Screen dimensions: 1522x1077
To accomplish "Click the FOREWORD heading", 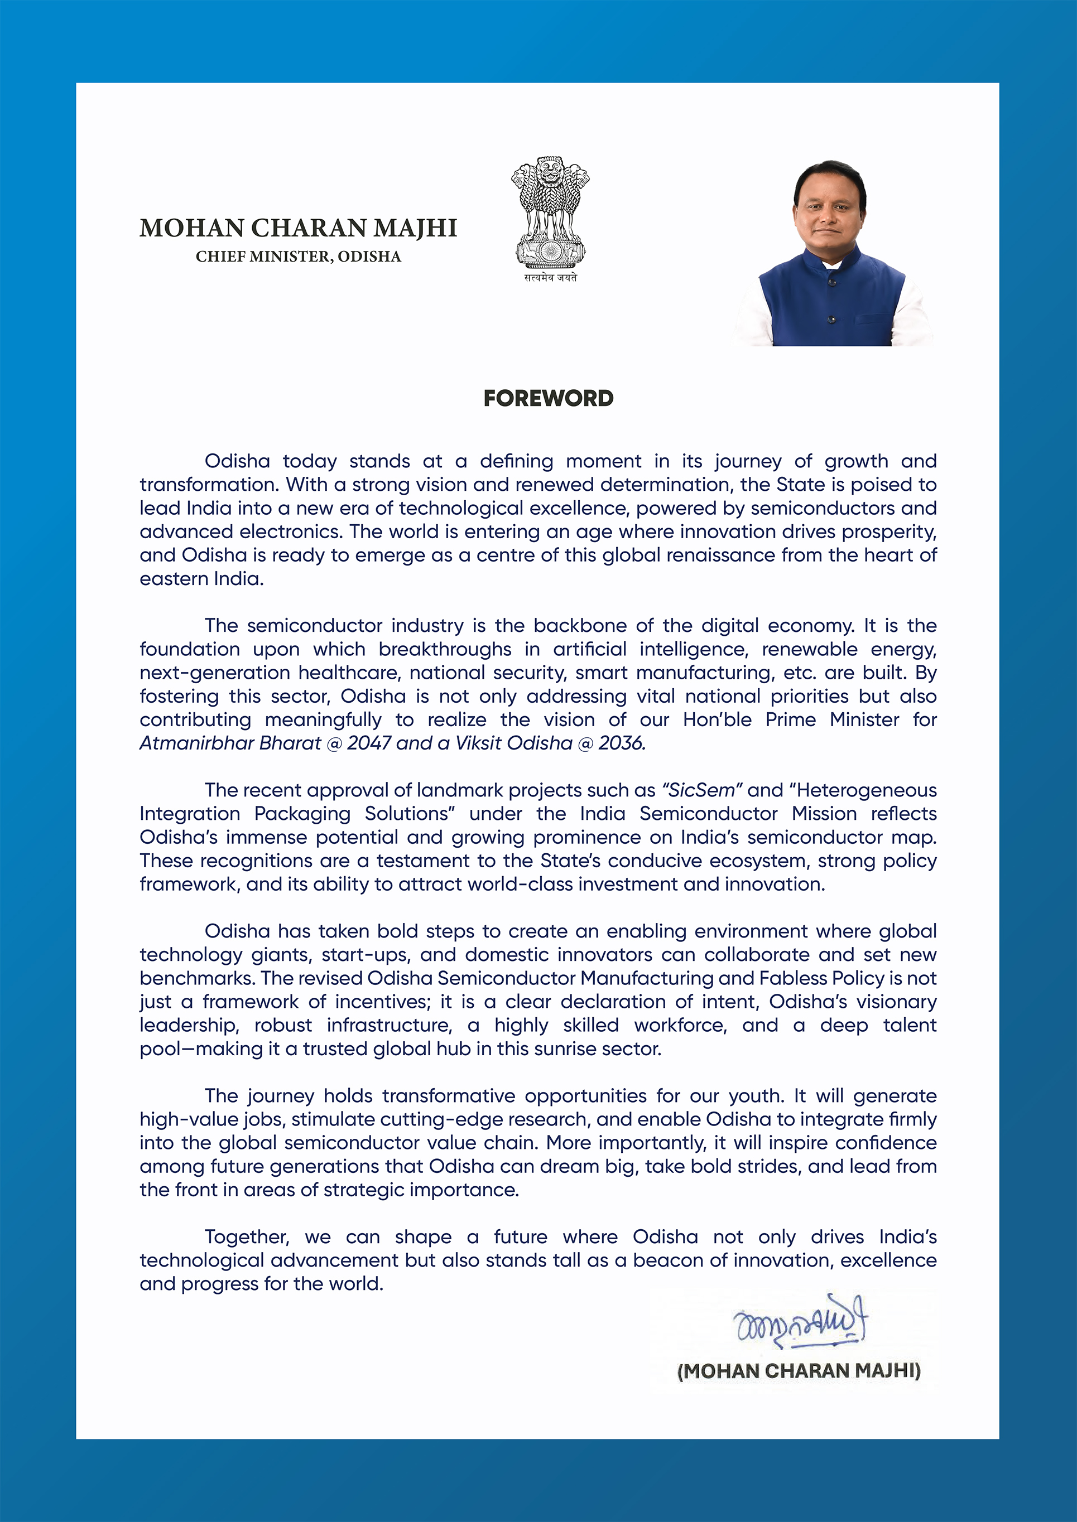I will click(549, 398).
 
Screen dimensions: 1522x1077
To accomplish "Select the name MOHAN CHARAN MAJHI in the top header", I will click(299, 228).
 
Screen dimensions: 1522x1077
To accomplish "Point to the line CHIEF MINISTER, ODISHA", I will click(299, 257).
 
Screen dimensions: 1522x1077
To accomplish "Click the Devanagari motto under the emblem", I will click(550, 278).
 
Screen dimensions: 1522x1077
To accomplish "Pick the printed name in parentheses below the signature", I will click(799, 1371).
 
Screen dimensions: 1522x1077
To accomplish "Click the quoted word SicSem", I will click(700, 790).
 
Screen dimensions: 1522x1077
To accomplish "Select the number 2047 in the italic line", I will click(369, 743).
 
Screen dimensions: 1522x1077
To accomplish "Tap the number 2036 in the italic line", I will click(621, 743).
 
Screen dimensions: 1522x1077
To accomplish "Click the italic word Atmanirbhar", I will click(196, 743).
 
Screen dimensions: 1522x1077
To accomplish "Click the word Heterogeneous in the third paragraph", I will click(867, 790).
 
